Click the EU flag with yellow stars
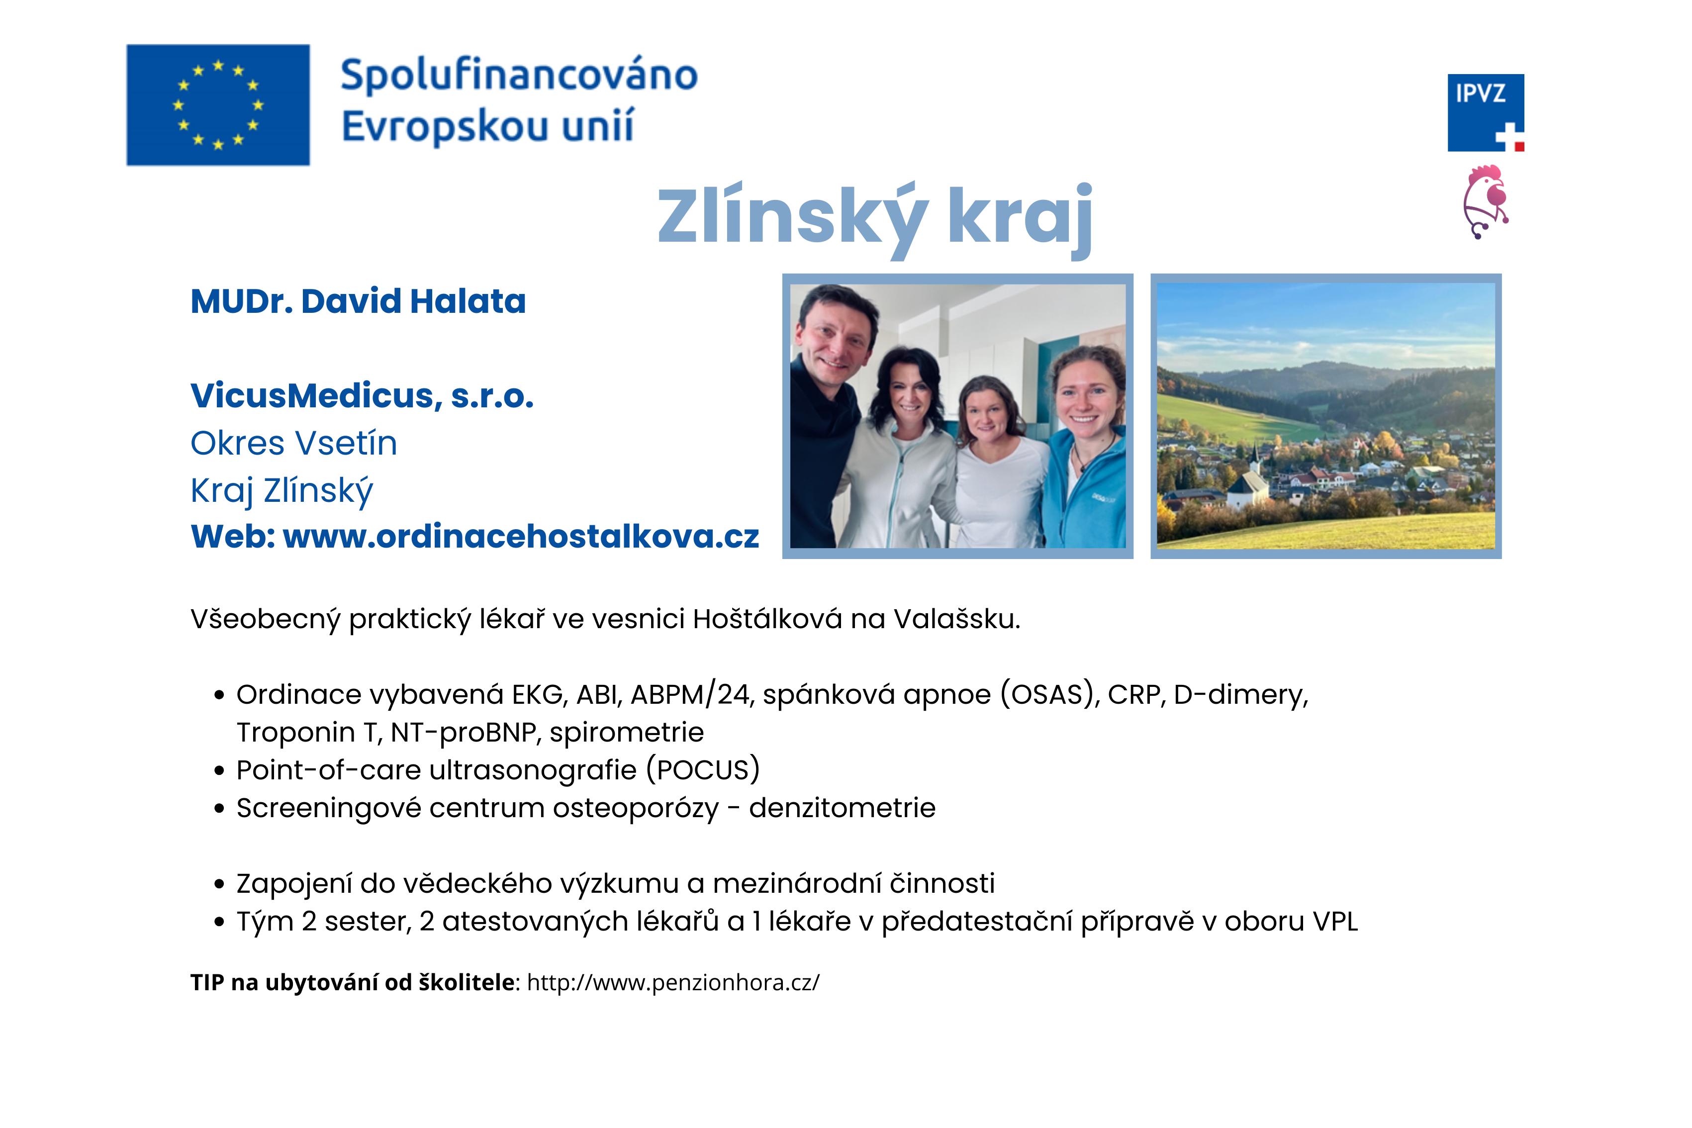[x=218, y=105]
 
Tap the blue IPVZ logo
[x=1486, y=113]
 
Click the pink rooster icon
[x=1486, y=202]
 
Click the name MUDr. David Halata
[x=358, y=301]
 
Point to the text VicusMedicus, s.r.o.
[x=362, y=396]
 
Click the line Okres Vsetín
[x=293, y=443]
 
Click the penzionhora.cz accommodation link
[x=673, y=983]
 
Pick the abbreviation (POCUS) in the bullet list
[x=703, y=770]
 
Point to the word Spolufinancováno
[x=519, y=76]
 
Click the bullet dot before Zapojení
[x=219, y=884]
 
